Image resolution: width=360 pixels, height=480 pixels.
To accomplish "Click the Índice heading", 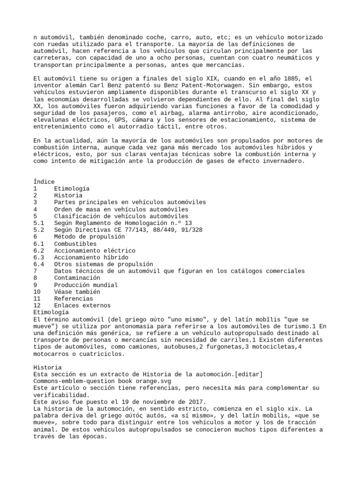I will pyautogui.click(x=44, y=182).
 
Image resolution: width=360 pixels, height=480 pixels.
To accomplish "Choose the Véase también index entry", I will pyautogui.click(x=77, y=292).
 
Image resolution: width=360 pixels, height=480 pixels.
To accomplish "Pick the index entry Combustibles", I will pyautogui.click(x=75, y=244).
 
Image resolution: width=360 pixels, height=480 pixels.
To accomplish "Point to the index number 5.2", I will pyautogui.click(x=39, y=230).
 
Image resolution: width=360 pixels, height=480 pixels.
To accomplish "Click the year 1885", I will pyautogui.click(x=278, y=79).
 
